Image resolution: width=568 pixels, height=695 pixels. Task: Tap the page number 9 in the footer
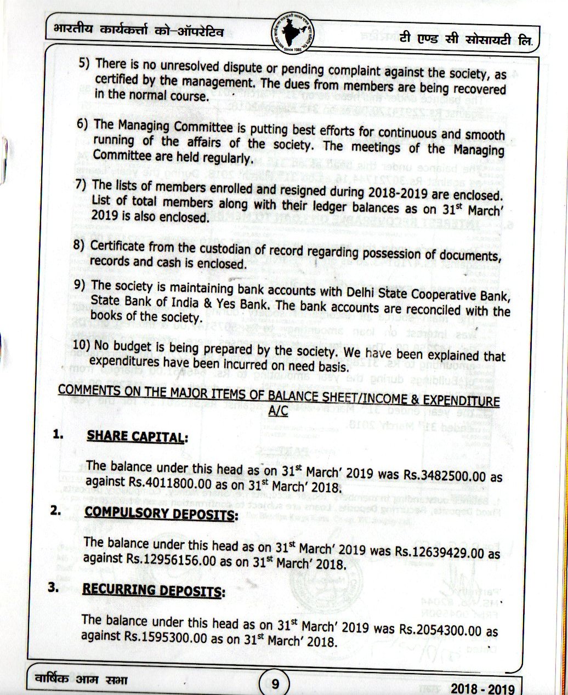click(275, 683)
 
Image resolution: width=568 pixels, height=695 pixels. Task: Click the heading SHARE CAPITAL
click(137, 437)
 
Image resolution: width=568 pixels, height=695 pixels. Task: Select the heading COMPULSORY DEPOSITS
click(161, 515)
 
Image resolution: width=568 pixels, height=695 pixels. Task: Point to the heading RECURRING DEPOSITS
click(153, 591)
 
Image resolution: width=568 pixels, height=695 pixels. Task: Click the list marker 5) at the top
click(84, 63)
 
